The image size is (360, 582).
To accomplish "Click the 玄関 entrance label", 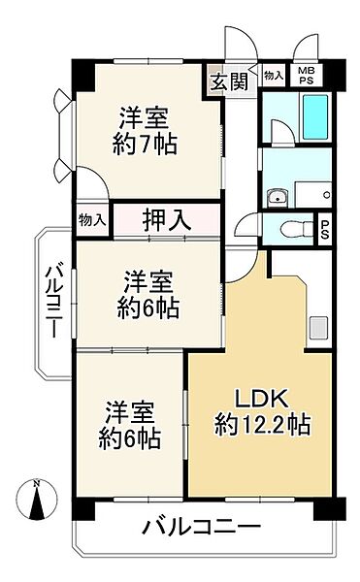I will coord(230,81).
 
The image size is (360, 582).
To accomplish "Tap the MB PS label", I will coord(305,76).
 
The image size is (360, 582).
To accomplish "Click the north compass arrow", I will coord(37,503).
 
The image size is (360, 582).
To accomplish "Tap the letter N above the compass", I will coord(37,483).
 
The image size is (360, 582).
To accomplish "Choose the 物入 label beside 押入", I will coord(91,220).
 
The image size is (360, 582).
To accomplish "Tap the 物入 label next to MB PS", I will coord(274,76).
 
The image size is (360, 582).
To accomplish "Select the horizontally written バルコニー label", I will coord(202,528).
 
